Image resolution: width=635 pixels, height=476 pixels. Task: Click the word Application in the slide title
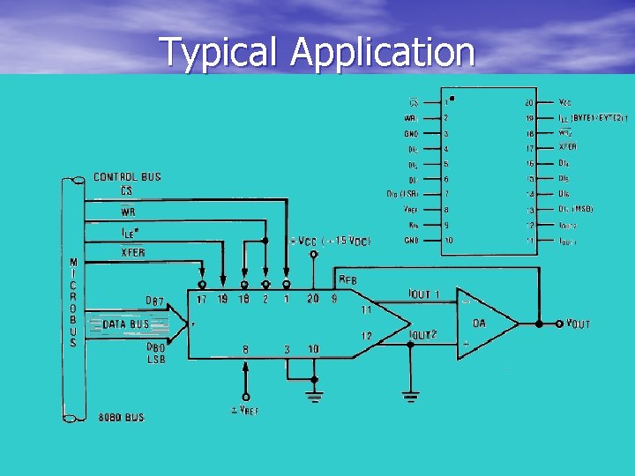(x=383, y=53)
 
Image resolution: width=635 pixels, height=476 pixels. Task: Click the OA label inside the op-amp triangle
(x=479, y=324)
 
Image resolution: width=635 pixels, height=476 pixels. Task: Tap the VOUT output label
(x=578, y=324)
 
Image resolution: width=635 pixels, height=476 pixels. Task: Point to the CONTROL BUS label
(x=127, y=176)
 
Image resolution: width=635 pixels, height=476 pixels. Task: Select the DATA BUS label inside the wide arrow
(x=126, y=324)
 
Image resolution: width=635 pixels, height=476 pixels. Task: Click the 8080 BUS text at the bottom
(x=122, y=416)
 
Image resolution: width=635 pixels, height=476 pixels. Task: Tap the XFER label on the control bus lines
(x=132, y=253)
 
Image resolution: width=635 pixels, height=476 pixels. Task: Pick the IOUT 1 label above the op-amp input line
(x=423, y=294)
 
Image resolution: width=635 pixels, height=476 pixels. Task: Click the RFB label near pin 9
(x=348, y=280)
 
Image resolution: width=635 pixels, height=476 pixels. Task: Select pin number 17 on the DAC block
(x=202, y=300)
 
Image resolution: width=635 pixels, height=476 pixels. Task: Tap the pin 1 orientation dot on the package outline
(x=452, y=99)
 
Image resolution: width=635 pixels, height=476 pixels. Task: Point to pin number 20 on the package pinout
(x=529, y=103)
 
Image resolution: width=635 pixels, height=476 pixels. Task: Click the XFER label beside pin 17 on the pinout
(x=568, y=147)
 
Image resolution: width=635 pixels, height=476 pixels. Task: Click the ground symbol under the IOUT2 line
(x=409, y=397)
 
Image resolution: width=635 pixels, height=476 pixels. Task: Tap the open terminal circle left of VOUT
(x=558, y=324)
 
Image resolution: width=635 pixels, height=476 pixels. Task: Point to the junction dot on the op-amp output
(x=536, y=324)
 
